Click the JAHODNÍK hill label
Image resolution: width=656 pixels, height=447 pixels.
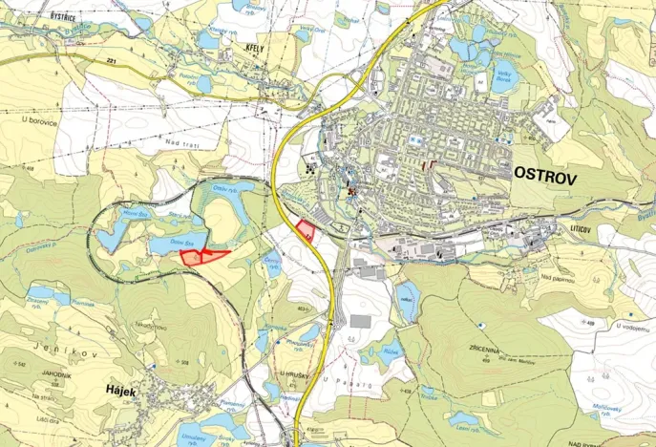[x=50, y=375]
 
